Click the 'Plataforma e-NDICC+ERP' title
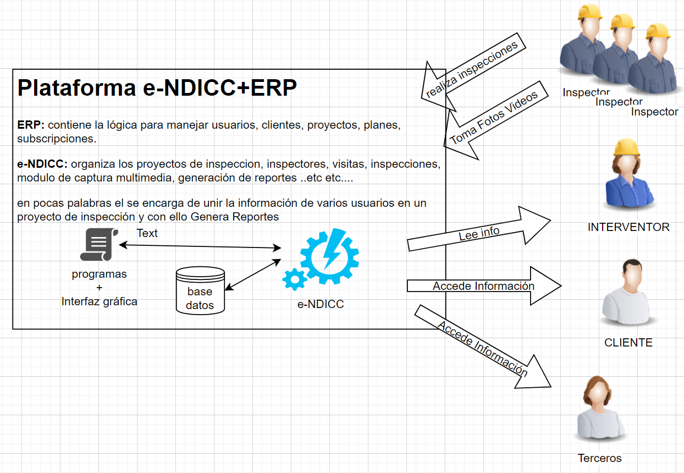click(x=157, y=88)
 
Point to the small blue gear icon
click(x=295, y=279)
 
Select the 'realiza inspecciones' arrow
click(x=473, y=69)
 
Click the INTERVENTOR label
click(x=628, y=227)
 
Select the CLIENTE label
click(x=628, y=343)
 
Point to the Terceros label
click(x=599, y=458)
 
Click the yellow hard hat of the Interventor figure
click(x=626, y=147)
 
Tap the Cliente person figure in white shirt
click(x=628, y=297)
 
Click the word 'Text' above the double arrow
click(x=147, y=233)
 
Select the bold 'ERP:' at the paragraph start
click(x=31, y=125)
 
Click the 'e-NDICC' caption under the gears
click(x=321, y=304)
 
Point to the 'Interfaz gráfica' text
click(x=99, y=301)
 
